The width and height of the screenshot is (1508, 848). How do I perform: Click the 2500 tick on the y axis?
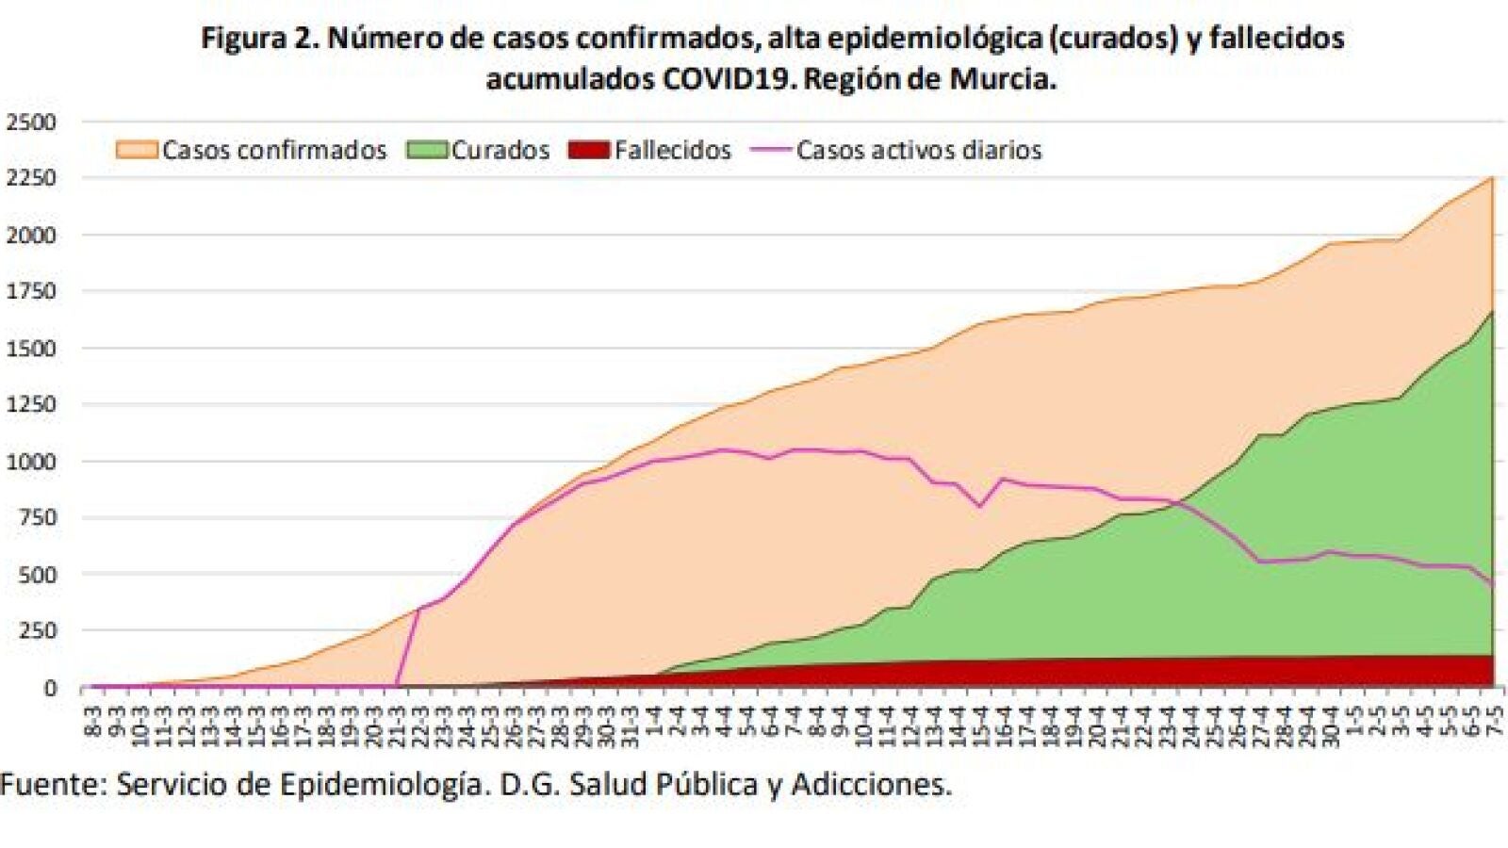pos(31,122)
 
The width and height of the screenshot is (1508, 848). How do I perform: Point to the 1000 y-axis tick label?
pos(31,461)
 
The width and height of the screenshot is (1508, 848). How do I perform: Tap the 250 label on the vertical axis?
pos(38,630)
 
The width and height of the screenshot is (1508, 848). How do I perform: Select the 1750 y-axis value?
pos(31,291)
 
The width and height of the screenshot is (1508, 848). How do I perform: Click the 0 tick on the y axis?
pos(50,688)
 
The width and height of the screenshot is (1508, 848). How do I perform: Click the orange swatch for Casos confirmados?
pos(136,150)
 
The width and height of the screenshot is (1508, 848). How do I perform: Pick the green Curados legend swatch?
pos(427,150)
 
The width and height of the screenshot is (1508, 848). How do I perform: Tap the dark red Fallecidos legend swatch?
pos(589,150)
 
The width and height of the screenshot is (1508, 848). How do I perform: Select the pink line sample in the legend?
pos(770,150)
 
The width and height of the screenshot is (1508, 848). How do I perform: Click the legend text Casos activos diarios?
pos(919,150)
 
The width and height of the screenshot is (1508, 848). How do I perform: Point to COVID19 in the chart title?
pos(728,78)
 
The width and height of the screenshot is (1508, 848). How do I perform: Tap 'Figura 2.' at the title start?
pos(260,39)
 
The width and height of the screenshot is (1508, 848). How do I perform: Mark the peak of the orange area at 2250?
pos(1492,178)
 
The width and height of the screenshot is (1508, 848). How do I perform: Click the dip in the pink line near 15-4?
pos(980,506)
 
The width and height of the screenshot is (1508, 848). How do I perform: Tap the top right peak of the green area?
pos(1492,312)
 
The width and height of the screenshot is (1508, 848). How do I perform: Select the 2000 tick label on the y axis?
pos(31,235)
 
